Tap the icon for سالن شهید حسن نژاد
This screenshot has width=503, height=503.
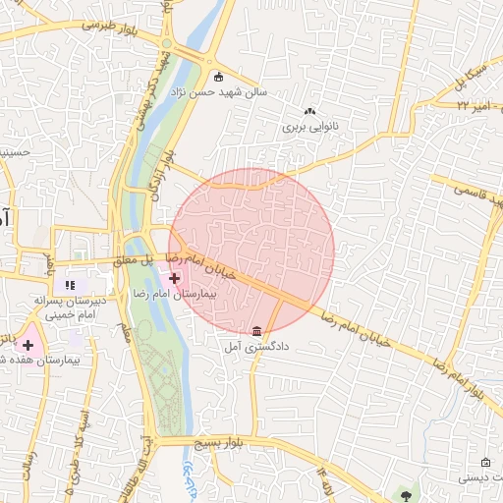point(218,78)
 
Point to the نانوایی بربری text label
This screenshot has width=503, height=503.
point(308,127)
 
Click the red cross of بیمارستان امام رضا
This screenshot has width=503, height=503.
point(175,279)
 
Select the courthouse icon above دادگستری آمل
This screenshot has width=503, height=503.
point(256,330)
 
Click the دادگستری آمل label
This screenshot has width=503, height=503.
point(256,347)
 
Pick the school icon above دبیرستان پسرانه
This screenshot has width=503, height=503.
point(70,285)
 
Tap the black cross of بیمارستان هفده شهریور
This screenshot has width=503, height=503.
point(28,345)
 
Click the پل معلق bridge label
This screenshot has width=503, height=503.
point(136,261)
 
